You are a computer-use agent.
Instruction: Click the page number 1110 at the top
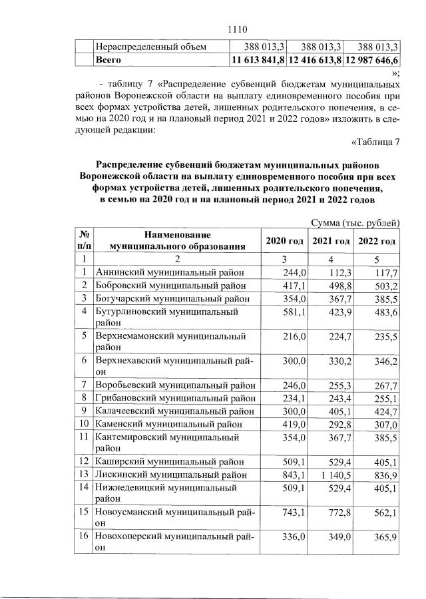(x=237, y=29)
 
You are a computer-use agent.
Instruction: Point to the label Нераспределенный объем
(x=151, y=47)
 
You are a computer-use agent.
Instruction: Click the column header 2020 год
(x=284, y=241)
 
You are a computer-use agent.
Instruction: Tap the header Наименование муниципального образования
(x=176, y=240)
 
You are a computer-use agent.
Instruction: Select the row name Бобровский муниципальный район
(x=170, y=285)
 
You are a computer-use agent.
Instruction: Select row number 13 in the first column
(x=85, y=474)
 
